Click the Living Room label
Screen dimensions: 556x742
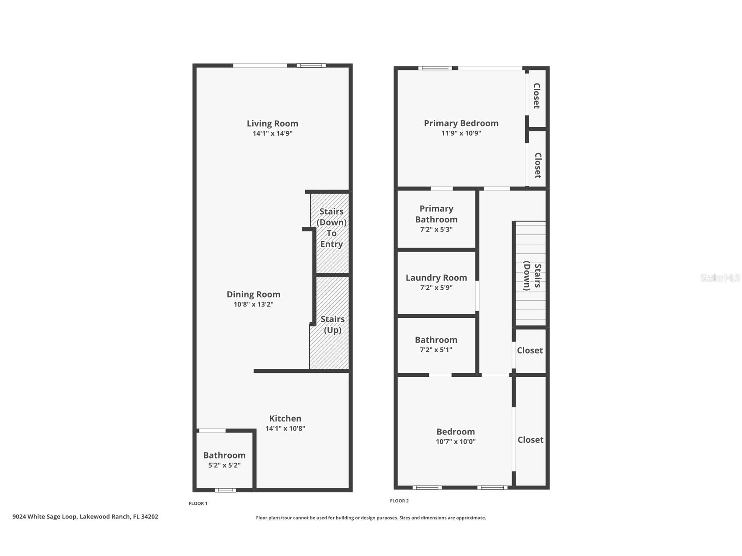[x=272, y=124]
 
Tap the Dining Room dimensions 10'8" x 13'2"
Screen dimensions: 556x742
[x=253, y=305]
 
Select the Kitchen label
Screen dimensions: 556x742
[x=285, y=418]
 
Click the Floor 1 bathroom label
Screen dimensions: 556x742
[x=224, y=455]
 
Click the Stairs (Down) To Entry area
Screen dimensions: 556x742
[x=331, y=228]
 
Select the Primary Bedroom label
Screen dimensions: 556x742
[x=461, y=123]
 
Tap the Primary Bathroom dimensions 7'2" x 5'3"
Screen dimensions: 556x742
[x=436, y=229]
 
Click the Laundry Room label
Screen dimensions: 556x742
[x=436, y=278]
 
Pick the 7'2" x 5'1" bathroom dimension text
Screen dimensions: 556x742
[x=436, y=350]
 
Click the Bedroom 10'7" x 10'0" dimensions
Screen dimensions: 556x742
[x=455, y=441]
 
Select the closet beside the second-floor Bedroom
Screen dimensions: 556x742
[x=530, y=440]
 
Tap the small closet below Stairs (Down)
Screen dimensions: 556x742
[x=530, y=350]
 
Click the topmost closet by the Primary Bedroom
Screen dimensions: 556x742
[x=536, y=96]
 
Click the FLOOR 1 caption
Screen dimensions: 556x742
[x=198, y=504]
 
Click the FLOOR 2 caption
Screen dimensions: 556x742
[x=399, y=501]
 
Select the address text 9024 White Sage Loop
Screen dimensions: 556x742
[x=85, y=517]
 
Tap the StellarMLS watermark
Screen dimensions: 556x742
[x=720, y=278]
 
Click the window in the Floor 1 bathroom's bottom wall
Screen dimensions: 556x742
[x=225, y=490]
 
